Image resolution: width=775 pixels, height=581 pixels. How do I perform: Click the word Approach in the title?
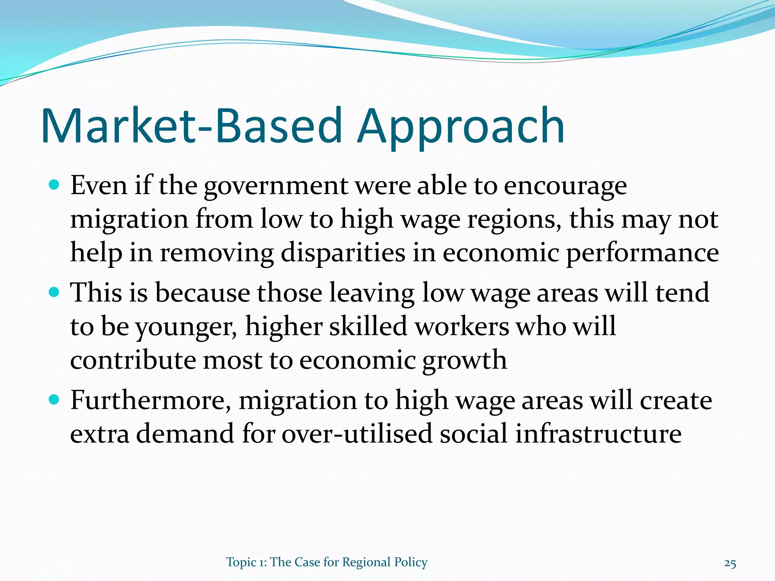461,127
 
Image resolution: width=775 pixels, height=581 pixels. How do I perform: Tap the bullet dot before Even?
54,185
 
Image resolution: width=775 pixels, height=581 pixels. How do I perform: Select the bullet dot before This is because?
54,292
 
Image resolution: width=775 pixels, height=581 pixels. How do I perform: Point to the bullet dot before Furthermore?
54,399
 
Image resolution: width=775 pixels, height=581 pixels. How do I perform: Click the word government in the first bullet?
276,187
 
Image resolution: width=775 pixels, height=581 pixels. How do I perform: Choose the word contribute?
132,360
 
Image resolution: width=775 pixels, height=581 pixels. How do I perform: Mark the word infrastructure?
598,433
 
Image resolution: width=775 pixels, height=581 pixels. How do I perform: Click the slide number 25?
730,564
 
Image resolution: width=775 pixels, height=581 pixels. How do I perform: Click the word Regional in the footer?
366,562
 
